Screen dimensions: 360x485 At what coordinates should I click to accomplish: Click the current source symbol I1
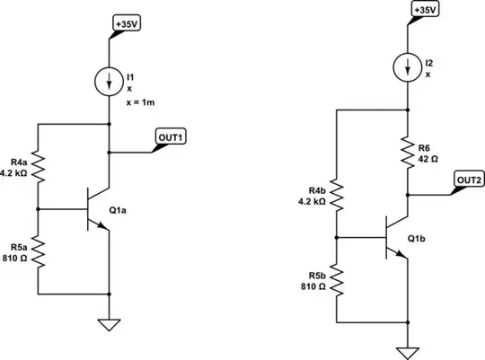(x=109, y=81)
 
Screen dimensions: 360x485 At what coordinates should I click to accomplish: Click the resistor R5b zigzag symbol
(x=336, y=279)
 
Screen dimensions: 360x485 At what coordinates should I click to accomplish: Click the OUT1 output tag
(x=172, y=136)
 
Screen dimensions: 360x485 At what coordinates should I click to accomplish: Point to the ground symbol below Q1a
(x=109, y=325)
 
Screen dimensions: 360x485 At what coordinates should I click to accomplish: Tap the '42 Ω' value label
(x=430, y=158)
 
